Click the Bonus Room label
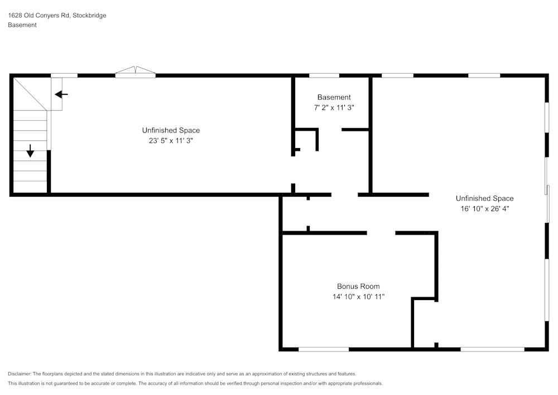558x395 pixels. [x=358, y=287]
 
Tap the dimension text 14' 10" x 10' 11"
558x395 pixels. [x=358, y=297]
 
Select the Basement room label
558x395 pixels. [x=334, y=97]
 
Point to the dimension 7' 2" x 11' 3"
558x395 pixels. [x=334, y=108]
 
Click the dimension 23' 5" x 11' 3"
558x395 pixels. [x=171, y=141]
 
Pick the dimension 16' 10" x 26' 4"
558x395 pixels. [x=484, y=209]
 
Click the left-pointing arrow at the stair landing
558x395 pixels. [x=61, y=94]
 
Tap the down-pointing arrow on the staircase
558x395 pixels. [x=30, y=150]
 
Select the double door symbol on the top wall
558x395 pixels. [x=135, y=72]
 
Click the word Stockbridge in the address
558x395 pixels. [x=89, y=16]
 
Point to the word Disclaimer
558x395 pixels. [x=20, y=374]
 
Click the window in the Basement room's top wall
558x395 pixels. [x=324, y=75]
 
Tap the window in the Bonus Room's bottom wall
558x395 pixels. [x=324, y=349]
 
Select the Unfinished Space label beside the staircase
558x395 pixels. [x=171, y=131]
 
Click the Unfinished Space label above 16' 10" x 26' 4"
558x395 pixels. [x=484, y=198]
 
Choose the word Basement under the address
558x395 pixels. [x=22, y=25]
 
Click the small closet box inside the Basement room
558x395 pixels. [x=306, y=140]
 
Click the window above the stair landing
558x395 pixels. [x=64, y=75]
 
